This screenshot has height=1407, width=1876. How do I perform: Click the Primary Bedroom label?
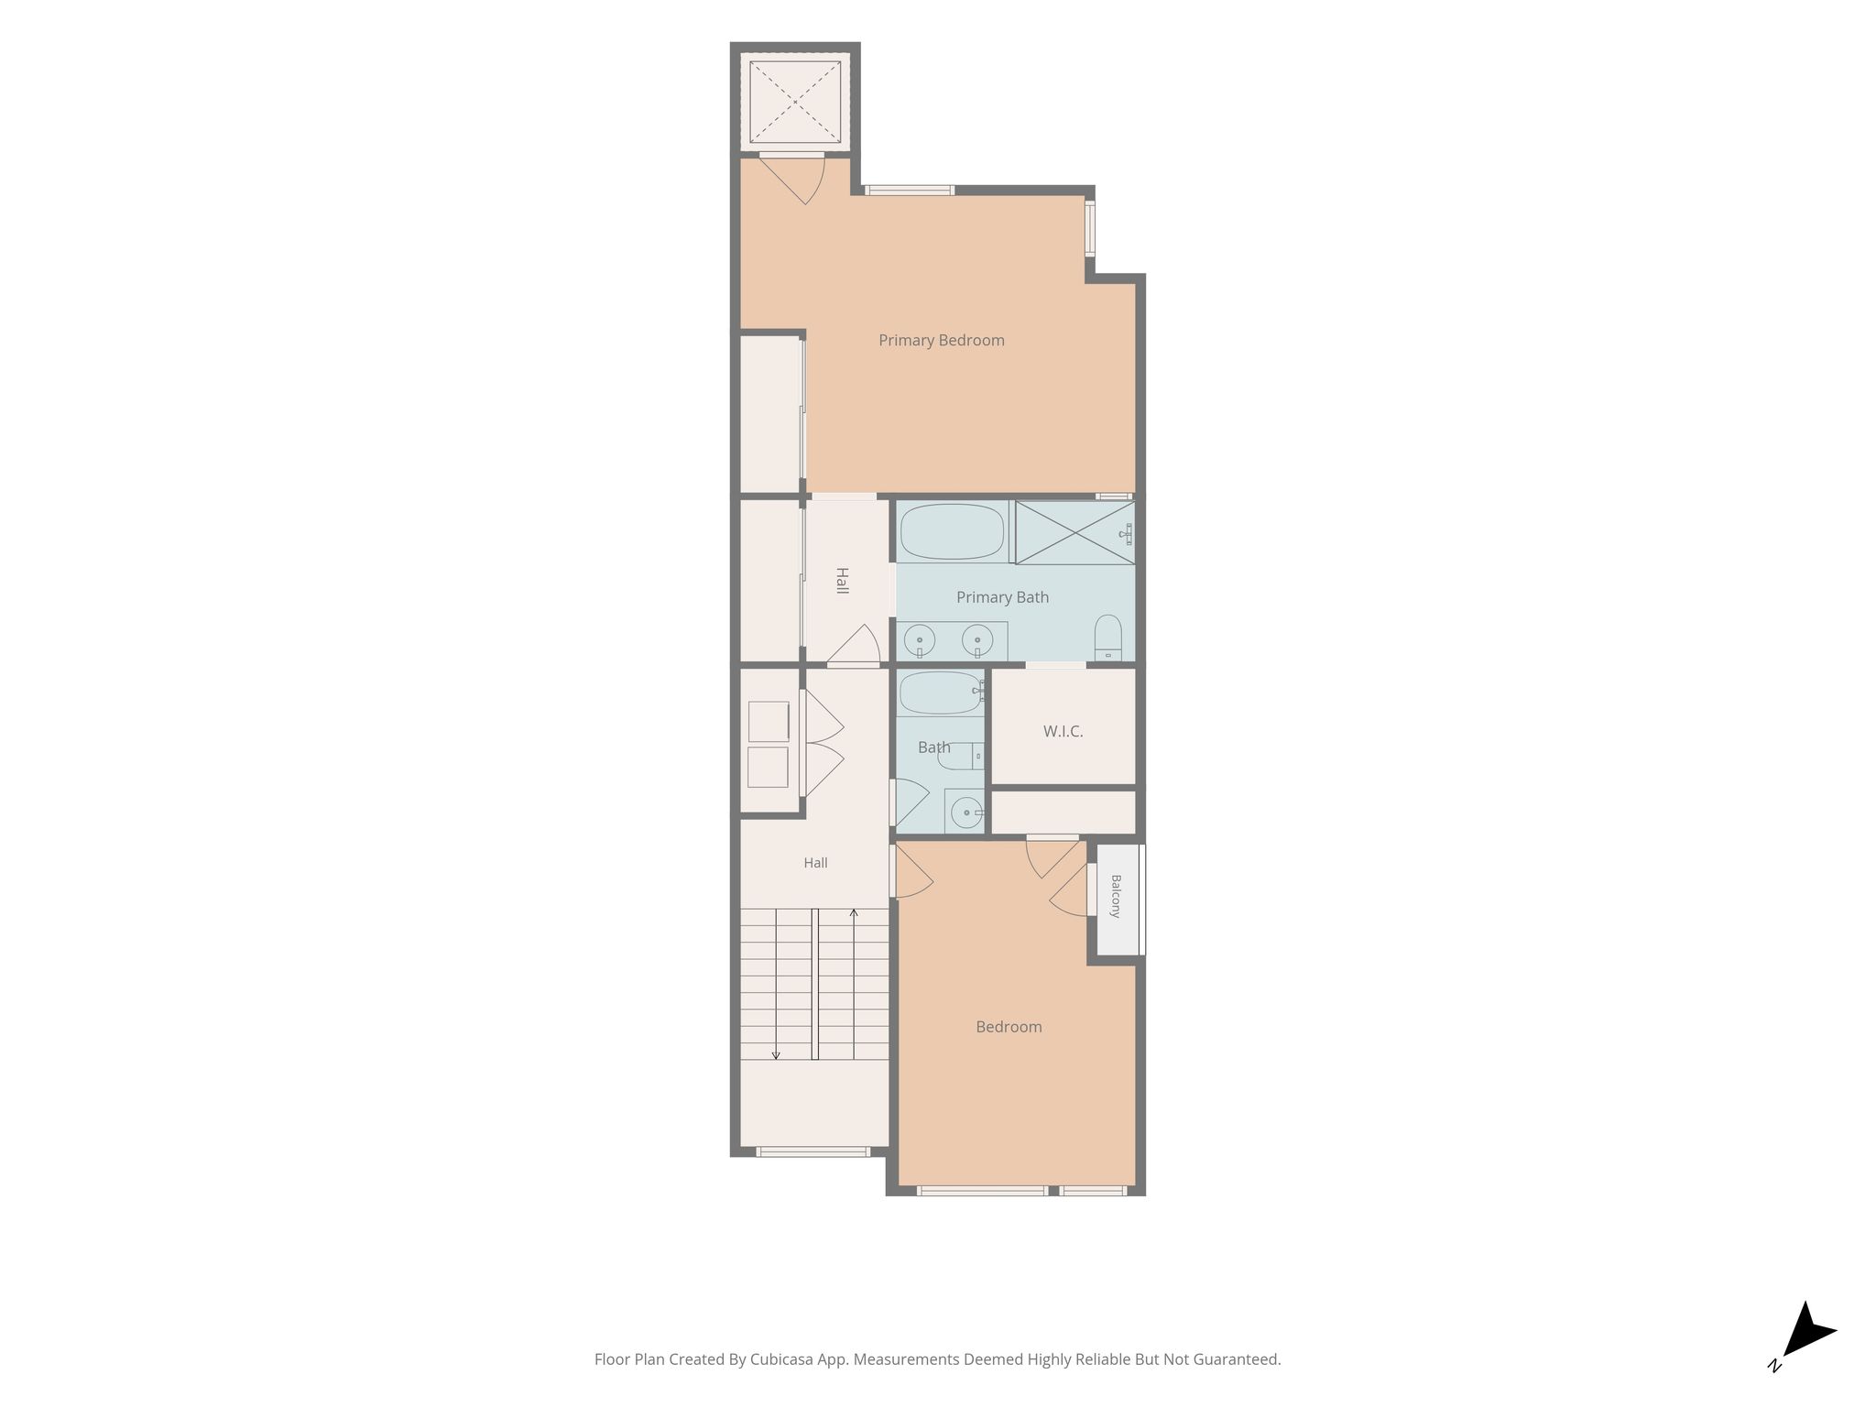942,341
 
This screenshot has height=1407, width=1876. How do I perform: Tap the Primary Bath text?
1002,597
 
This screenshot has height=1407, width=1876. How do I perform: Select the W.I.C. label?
1063,731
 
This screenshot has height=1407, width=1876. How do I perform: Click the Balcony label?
1115,896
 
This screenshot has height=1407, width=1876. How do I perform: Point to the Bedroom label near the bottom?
1009,1027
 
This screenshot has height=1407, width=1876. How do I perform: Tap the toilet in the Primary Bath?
1108,638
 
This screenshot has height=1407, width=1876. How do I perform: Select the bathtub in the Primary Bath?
953,531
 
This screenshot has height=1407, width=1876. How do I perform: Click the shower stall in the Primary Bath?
1075,532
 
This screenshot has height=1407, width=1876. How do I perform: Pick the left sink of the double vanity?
919,639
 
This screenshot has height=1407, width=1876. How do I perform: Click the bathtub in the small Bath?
941,693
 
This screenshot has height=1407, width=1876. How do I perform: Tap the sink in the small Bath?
964,811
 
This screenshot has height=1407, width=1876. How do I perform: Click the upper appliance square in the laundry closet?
769,722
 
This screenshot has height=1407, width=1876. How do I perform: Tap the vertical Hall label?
842,581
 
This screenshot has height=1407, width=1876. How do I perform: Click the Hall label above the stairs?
815,863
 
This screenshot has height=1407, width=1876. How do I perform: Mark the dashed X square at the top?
795,102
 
